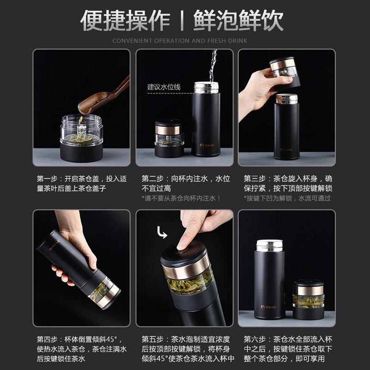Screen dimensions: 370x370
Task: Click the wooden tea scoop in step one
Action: pos(104,97)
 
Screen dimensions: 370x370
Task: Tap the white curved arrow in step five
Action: pos(162,233)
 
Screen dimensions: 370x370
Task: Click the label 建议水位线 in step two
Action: pos(164,87)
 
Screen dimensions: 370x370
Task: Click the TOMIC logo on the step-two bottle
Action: pos(207,145)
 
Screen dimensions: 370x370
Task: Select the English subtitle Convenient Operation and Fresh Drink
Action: pos(179,41)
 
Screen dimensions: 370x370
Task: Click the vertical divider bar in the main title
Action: pos(182,20)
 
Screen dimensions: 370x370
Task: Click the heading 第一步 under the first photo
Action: pos(47,179)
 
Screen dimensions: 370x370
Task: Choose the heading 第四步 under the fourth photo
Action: pos(47,339)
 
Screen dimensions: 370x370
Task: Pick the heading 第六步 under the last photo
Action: pos(255,339)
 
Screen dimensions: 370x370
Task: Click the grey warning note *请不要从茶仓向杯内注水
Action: pos(181,198)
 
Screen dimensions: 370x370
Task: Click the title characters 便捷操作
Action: pos(125,20)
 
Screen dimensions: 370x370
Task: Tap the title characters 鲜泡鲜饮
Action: pos(238,20)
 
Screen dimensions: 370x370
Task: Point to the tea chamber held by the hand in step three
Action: pos(285,73)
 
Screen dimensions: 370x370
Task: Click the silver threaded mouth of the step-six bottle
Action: pos(270,246)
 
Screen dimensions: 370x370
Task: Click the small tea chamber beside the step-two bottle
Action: pos(169,138)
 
